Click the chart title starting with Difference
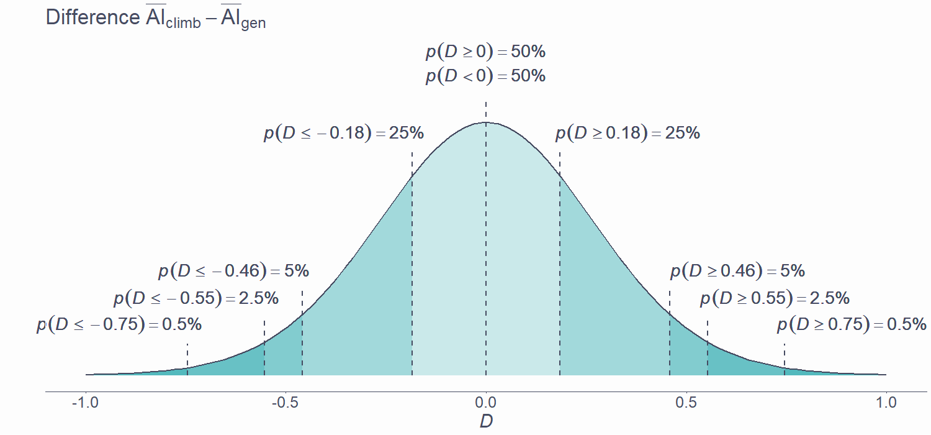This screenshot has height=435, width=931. pos(156,18)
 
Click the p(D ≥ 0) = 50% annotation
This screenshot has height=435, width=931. pos(485,52)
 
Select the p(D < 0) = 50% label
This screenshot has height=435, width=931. pos(485,76)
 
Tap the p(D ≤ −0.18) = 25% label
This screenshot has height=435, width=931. pos(344,133)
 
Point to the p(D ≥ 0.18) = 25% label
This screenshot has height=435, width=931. pos(627,133)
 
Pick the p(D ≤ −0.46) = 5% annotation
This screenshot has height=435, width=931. pos(233,271)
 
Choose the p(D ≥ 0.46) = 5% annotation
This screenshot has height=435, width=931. pos(737,271)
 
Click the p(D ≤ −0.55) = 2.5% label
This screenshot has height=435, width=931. pos(196,298)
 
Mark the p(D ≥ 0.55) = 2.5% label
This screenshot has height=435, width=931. pos(775,298)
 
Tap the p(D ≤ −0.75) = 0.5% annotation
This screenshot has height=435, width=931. pos(119,324)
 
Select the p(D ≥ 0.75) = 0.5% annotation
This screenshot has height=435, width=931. pos(852,324)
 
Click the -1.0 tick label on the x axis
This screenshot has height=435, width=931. pos(86,403)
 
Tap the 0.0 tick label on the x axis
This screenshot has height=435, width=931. pos(486,403)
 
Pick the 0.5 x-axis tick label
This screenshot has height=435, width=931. pos(686,403)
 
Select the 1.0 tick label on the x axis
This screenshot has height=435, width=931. pos(886,403)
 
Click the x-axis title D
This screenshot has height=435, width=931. pos(486,421)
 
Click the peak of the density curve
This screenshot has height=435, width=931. pos(486,122)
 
